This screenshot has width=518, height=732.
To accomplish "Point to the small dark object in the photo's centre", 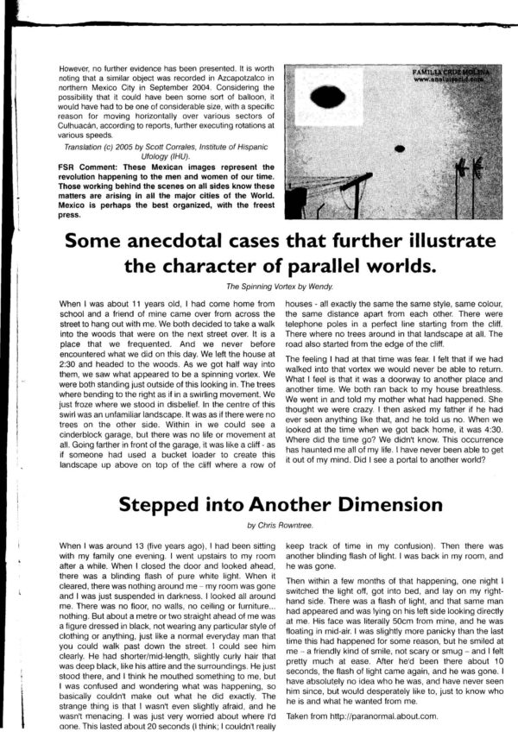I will click(401, 147).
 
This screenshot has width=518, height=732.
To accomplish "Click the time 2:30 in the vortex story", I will click(71, 351).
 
